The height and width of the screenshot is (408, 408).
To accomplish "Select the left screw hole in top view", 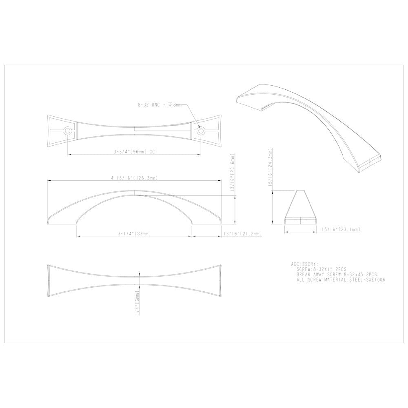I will click(x=67, y=131).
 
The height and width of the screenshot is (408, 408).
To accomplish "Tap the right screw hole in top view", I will click(x=200, y=131).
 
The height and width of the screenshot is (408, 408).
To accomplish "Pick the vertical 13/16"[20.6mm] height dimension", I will click(x=233, y=173).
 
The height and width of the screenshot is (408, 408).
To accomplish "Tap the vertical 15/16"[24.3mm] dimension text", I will click(x=269, y=167).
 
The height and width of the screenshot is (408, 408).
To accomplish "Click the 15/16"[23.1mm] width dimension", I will click(x=341, y=230).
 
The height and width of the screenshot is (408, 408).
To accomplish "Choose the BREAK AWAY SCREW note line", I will click(x=337, y=275).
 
